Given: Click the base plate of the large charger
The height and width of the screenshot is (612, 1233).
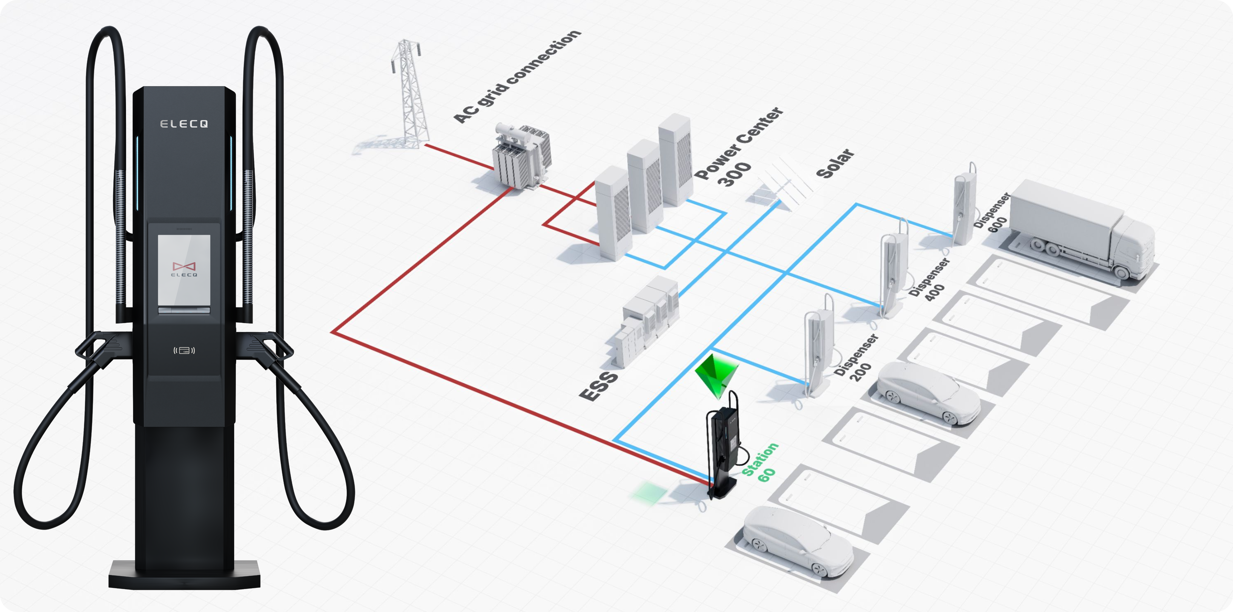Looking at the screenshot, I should (184, 574).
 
